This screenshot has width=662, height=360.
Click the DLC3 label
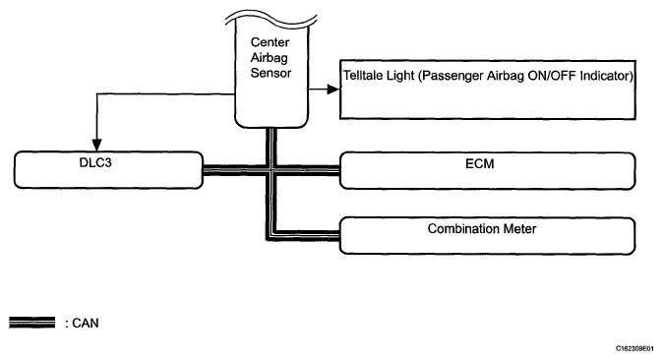[95, 163]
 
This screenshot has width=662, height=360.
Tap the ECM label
[480, 163]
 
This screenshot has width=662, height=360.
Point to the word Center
[270, 42]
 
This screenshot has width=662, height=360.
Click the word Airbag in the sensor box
[269, 58]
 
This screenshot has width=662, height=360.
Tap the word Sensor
[271, 73]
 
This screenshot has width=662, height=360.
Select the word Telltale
[360, 76]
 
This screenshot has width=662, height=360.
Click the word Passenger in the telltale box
[451, 76]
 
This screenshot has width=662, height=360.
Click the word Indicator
[606, 76]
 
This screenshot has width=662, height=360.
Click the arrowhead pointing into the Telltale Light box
[333, 90]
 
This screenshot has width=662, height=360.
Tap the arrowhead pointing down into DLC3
[97, 145]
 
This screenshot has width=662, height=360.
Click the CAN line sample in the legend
[32, 323]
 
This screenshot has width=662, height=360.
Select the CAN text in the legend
[86, 324]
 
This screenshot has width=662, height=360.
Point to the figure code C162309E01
[634, 348]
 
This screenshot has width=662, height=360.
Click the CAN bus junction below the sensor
[271, 169]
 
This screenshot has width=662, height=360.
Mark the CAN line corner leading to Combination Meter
[271, 235]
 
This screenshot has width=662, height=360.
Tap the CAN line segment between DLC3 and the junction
[235, 169]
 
